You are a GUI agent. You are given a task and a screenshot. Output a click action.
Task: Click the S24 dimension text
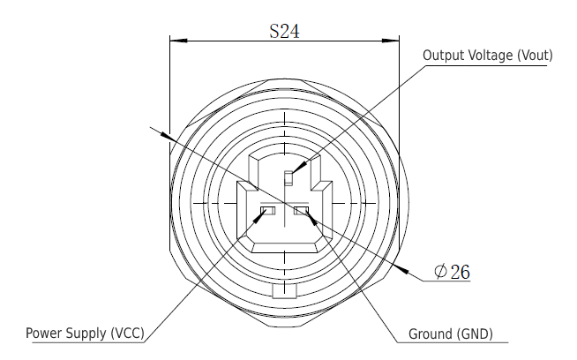[x=284, y=30]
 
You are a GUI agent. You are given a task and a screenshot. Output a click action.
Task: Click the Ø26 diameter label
[x=452, y=272]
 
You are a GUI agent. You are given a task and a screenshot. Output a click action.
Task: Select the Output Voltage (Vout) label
[x=488, y=55]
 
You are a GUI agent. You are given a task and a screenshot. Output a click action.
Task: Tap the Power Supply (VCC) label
[x=85, y=334]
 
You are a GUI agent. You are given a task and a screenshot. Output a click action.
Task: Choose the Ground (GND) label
[x=450, y=334]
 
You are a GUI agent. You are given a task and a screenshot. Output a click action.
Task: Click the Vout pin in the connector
[x=287, y=178]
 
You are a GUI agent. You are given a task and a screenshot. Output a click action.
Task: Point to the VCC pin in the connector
[x=268, y=210]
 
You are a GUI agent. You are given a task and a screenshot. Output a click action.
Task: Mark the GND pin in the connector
[x=301, y=210]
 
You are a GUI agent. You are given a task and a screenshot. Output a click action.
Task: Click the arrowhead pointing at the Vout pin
[x=296, y=171]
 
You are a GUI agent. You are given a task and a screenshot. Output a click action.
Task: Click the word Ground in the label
[x=430, y=334]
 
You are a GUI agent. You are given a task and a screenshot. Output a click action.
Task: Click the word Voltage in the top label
[x=488, y=55]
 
